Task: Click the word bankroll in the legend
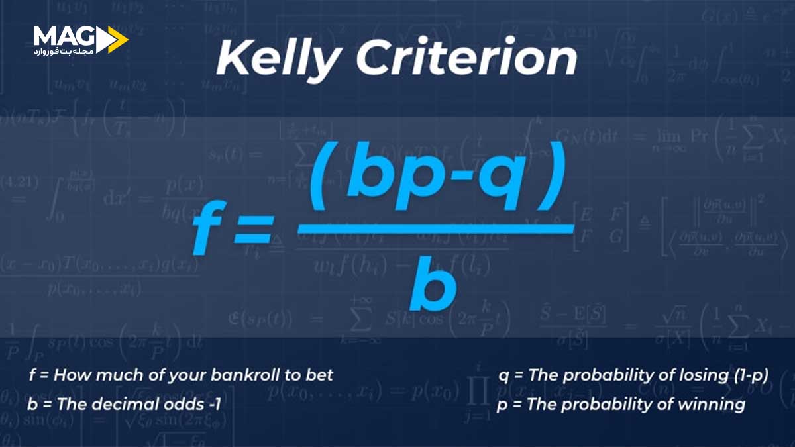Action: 238,375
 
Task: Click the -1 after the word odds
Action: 201,404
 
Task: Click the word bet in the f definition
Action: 320,375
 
